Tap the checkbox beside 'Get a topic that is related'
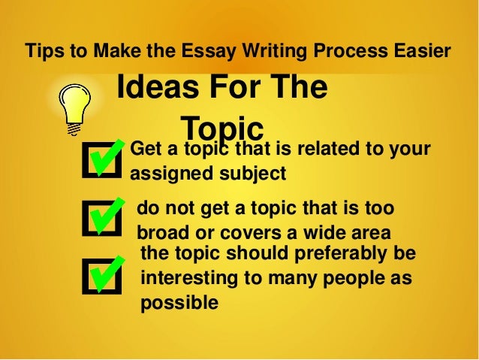[x=103, y=159]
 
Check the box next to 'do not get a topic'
[x=103, y=217]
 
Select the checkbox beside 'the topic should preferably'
[x=103, y=274]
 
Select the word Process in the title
[x=344, y=52]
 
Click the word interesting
[x=188, y=278]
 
